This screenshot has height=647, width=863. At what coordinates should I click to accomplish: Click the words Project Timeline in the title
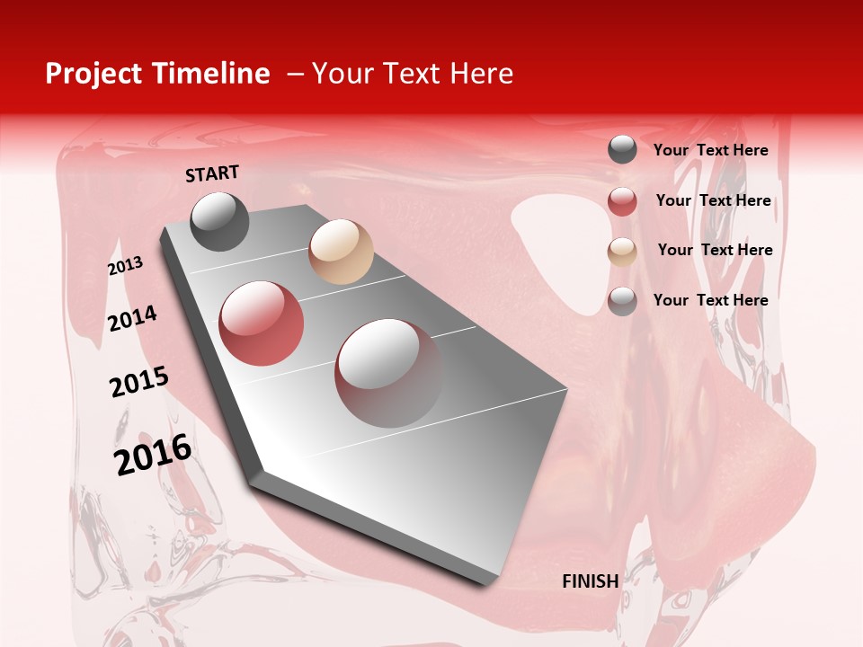[157, 74]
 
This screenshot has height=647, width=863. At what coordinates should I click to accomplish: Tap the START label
[212, 173]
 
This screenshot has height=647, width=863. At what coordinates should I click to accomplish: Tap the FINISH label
[590, 581]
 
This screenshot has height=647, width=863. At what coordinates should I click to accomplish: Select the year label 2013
[125, 266]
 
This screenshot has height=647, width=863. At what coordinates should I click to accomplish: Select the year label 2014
[132, 318]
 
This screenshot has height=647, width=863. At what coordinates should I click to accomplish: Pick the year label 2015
[138, 382]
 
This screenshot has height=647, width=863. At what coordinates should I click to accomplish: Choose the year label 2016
[153, 454]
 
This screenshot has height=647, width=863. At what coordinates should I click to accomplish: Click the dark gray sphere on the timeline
[220, 221]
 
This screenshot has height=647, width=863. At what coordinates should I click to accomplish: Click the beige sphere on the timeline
[341, 252]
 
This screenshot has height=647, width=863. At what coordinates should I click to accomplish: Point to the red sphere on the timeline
[262, 323]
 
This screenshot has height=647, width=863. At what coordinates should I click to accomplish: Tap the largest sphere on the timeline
[388, 372]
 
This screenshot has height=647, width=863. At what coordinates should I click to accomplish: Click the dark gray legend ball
[622, 150]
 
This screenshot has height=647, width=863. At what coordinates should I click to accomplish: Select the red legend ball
[622, 201]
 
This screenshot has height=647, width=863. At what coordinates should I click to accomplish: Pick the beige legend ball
[622, 252]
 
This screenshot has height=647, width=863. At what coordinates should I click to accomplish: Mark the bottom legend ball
[622, 301]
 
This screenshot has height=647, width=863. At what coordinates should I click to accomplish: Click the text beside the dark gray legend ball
[710, 150]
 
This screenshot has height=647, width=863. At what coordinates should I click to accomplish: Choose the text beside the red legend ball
[713, 200]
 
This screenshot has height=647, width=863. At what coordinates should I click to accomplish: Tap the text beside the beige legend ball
[715, 250]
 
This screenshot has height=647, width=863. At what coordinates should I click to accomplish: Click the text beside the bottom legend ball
[710, 300]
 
